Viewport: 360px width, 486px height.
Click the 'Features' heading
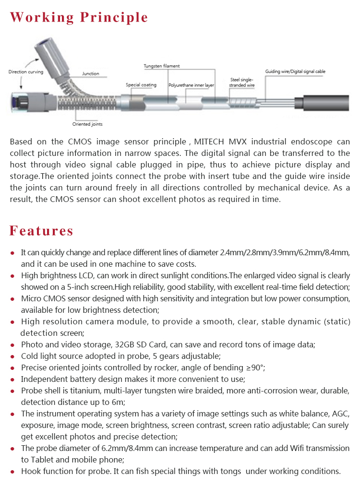click(x=42, y=231)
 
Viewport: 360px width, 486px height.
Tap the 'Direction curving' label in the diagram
click(x=26, y=72)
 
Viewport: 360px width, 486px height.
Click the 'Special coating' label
click(x=141, y=85)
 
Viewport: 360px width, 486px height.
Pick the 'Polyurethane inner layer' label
click(x=191, y=85)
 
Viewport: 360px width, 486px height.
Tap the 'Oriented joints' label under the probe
click(x=87, y=124)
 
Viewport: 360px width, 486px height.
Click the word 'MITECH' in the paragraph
click(x=205, y=142)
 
